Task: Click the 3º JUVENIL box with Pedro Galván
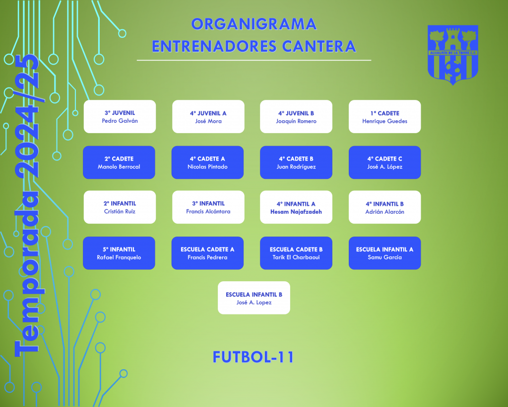[120, 116]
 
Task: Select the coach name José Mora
[208, 121]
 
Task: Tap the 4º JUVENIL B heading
[296, 113]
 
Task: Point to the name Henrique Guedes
[384, 121]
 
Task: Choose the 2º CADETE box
[119, 163]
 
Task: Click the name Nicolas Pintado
[207, 167]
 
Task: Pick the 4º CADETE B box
[296, 163]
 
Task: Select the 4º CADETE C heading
[384, 159]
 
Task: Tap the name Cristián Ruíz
[120, 211]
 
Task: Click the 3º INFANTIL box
[208, 207]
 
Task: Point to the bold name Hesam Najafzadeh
[296, 212]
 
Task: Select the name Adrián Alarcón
[384, 212]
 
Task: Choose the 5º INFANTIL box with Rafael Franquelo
[119, 253]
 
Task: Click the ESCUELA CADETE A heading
[207, 249]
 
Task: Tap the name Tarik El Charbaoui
[296, 257]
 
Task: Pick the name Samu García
[384, 257]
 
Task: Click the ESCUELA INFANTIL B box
[254, 298]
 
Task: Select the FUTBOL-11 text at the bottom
[254, 357]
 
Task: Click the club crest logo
[453, 55]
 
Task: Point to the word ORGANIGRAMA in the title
[254, 24]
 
